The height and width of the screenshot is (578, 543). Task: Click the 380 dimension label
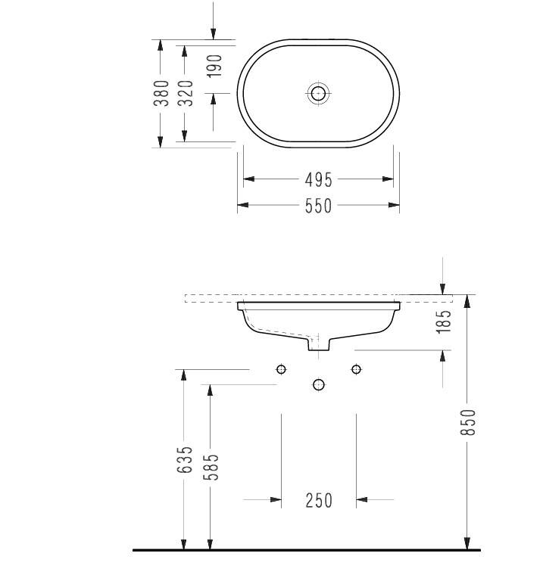point(161,93)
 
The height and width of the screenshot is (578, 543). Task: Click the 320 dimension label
point(186,93)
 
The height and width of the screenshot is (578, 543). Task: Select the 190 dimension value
point(214,66)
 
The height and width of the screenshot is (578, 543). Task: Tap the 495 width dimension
point(319,180)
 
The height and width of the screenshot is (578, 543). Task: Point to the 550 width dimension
point(319,206)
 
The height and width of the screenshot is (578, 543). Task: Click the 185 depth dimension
point(444,322)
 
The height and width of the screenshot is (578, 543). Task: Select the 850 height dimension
point(469,422)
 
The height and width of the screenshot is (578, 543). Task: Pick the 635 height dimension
point(185,460)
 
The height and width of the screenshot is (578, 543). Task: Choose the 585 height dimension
point(211,467)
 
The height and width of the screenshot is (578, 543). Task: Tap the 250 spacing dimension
point(319,501)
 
